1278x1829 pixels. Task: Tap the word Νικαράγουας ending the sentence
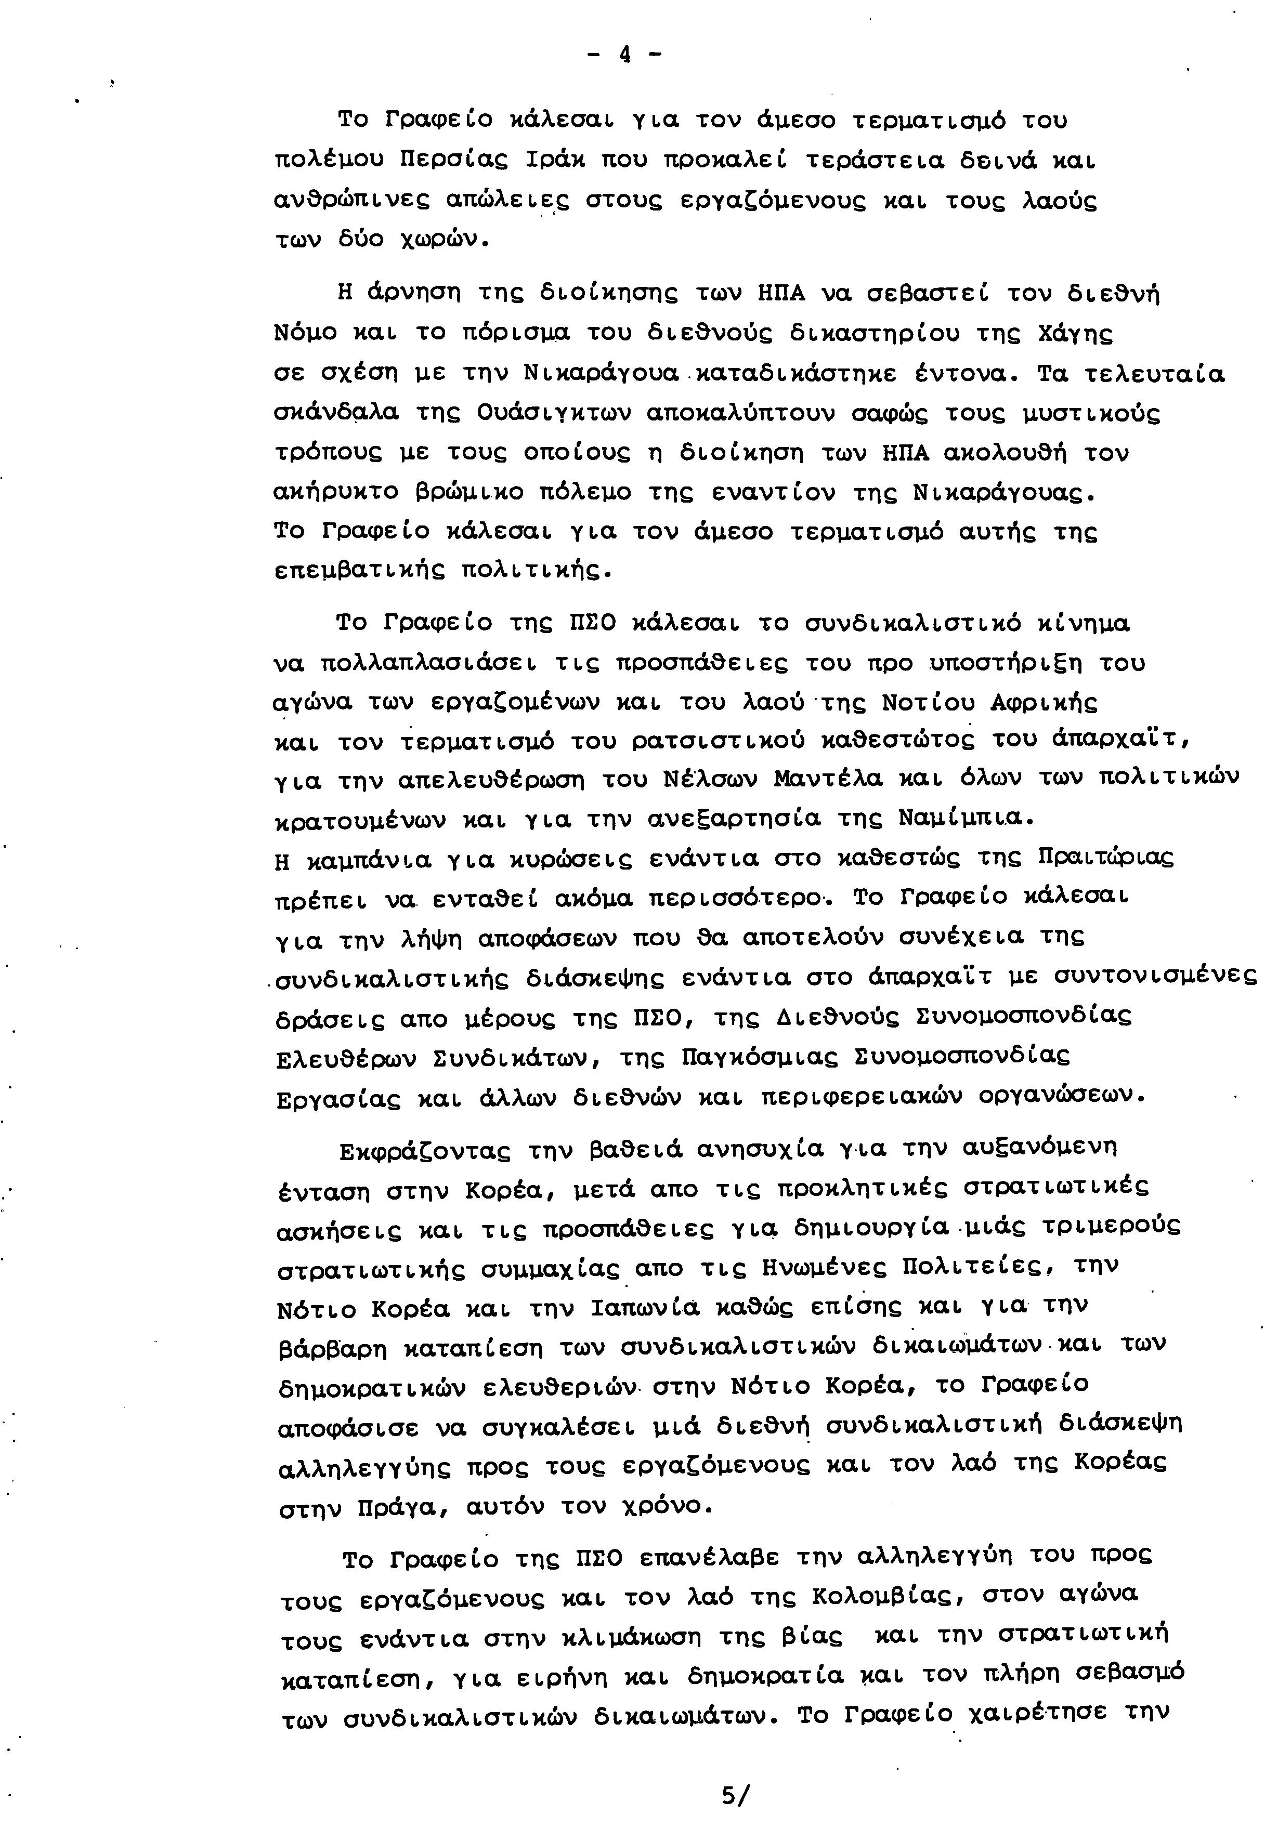[x=1002, y=494]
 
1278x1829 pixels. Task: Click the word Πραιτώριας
[x=1106, y=858]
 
